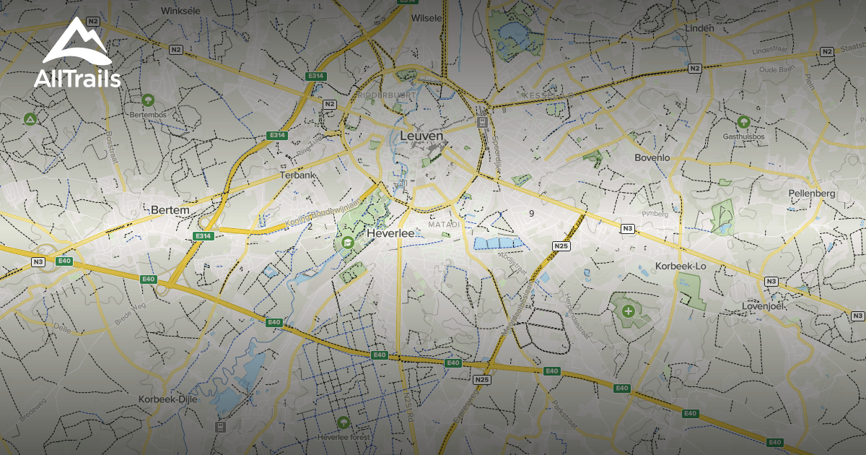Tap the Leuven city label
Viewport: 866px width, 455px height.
click(421, 136)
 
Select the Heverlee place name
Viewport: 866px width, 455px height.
click(390, 234)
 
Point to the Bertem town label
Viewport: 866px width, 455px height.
click(170, 210)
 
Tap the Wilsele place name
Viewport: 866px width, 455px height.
click(425, 18)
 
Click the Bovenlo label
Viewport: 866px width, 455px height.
click(652, 157)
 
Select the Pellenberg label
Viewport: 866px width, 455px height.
click(812, 194)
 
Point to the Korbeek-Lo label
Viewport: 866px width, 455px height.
click(681, 266)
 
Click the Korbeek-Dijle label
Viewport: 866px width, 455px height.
click(167, 399)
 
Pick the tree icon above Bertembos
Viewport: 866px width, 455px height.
click(148, 99)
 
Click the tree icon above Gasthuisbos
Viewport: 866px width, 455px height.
click(743, 121)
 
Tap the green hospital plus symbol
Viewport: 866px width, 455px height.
click(629, 311)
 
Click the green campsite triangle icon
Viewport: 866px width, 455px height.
click(30, 118)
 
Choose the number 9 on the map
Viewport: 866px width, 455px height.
click(531, 213)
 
